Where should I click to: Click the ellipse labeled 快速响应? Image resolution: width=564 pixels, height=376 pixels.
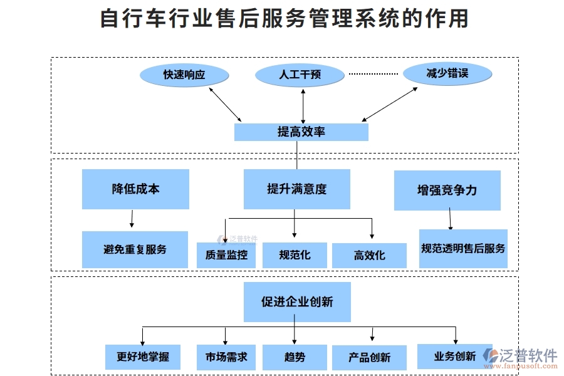click(x=184, y=75)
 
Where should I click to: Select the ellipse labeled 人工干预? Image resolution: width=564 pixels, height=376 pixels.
click(x=300, y=75)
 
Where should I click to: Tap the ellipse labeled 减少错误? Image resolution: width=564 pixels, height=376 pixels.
click(x=447, y=74)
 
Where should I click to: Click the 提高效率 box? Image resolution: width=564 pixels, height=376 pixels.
click(x=301, y=132)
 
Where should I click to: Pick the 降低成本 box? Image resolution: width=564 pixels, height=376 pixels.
click(x=135, y=189)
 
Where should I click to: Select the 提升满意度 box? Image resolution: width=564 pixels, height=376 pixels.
click(x=296, y=189)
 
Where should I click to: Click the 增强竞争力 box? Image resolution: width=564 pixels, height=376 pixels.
click(x=447, y=191)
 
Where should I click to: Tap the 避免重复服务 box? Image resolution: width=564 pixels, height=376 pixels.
click(x=135, y=249)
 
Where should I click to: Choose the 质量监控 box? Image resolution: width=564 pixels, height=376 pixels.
click(x=226, y=255)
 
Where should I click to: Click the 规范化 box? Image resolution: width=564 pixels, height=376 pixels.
click(x=295, y=255)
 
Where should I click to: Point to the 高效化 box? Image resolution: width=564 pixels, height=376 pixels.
click(x=369, y=256)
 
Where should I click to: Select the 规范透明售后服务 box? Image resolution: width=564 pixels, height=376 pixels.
click(x=463, y=249)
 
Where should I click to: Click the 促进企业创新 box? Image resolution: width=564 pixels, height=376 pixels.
click(x=297, y=302)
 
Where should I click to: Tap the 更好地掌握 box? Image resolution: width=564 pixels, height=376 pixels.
click(x=142, y=357)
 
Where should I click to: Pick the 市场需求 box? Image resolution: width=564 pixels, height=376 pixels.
click(x=226, y=357)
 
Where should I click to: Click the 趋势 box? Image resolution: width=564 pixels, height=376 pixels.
click(x=295, y=357)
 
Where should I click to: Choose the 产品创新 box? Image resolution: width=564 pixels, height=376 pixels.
click(x=369, y=358)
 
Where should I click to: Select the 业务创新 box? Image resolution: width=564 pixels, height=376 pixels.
click(x=454, y=357)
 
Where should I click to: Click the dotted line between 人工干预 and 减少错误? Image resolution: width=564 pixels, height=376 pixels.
click(x=373, y=74)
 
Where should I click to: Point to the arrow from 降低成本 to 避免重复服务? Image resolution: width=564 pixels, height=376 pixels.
click(x=132, y=219)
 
